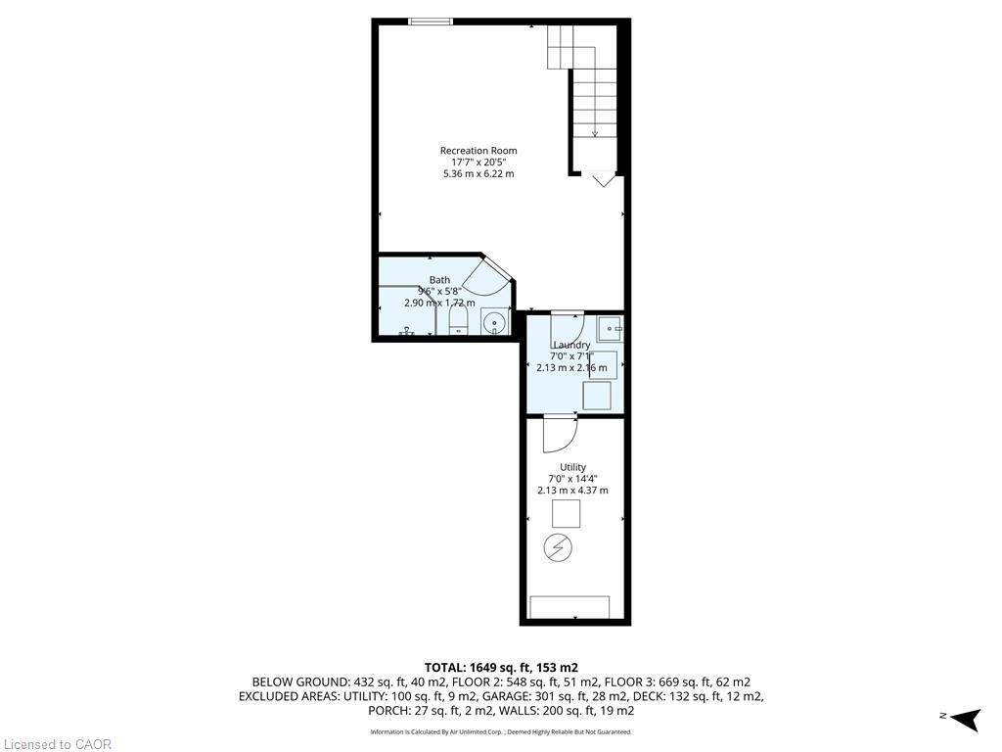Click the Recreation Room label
point(478,150)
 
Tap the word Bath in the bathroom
point(439,280)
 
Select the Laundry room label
point(571,345)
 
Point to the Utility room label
point(572,467)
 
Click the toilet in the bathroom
point(459,324)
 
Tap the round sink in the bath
point(495,321)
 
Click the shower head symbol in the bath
point(405,333)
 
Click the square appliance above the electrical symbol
point(566,513)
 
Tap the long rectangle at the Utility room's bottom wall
point(569,607)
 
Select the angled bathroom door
point(485,276)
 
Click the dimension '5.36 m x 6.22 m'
point(478,173)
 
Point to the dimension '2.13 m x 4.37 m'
point(572,491)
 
